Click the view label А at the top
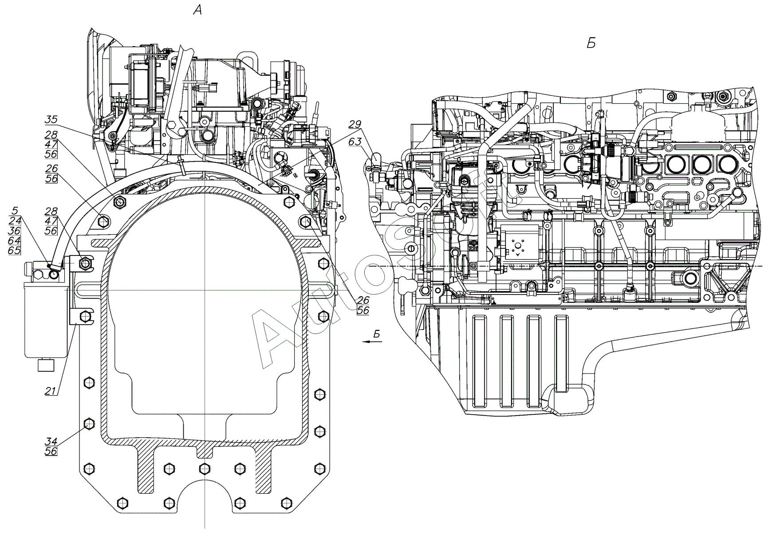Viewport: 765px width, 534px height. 197,11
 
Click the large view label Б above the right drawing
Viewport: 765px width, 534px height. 591,43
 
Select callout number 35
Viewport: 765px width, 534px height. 51,120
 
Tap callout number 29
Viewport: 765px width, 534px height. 355,125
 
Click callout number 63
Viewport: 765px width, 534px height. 355,141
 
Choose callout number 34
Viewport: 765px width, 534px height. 51,441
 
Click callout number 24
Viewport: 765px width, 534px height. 15,221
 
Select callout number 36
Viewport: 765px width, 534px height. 15,231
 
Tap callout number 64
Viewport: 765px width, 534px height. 15,240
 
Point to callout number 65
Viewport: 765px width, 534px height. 15,251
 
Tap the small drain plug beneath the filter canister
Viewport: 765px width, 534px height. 46,365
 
